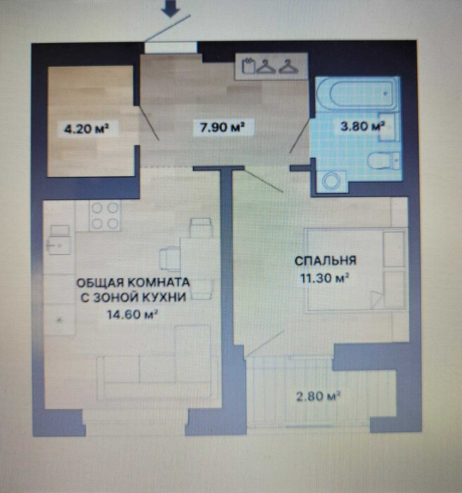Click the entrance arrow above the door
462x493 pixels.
click(x=170, y=9)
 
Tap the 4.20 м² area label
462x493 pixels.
click(x=87, y=129)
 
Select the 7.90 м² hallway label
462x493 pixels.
click(x=223, y=127)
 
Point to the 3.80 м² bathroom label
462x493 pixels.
click(x=363, y=126)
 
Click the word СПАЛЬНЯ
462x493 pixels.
click(x=325, y=261)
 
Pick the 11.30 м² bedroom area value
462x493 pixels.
click(x=325, y=278)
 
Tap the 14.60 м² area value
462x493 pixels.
click(x=132, y=314)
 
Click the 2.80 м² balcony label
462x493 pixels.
click(x=318, y=396)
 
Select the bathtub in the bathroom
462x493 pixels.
click(x=357, y=93)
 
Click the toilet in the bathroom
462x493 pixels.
click(x=383, y=161)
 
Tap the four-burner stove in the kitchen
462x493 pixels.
click(x=105, y=216)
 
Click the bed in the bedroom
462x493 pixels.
click(x=356, y=270)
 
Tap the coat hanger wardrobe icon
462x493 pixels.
click(x=270, y=66)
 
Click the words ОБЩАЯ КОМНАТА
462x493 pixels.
click(x=133, y=282)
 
